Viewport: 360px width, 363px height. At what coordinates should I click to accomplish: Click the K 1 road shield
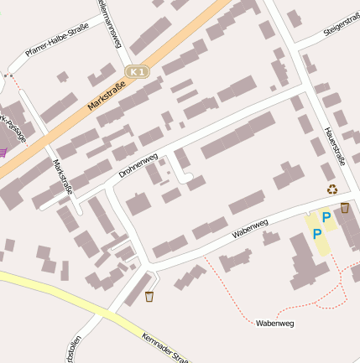pos(138,72)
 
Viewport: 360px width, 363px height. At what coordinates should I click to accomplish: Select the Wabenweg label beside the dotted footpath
pos(274,323)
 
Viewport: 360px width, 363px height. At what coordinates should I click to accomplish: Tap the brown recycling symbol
pos(331,190)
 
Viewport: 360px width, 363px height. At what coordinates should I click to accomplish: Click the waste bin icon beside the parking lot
pos(345,208)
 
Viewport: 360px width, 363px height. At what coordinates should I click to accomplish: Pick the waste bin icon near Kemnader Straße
pos(149,296)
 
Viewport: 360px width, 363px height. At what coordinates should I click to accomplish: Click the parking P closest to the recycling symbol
pos(326,217)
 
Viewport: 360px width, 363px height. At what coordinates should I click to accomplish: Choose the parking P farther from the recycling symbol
pos(316,234)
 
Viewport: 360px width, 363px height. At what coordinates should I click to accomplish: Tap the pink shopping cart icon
pos(3,152)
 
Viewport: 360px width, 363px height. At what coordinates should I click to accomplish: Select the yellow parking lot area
pos(322,227)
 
